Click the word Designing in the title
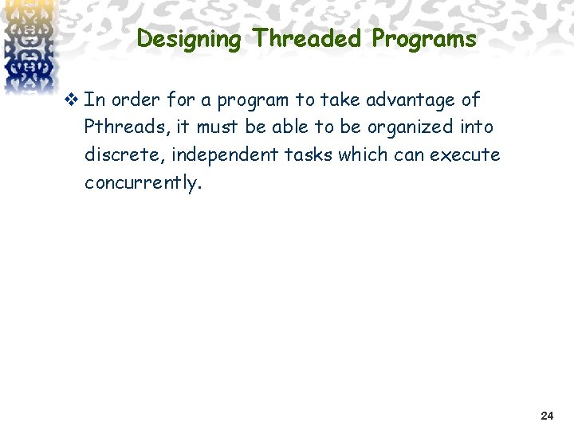pyautogui.click(x=188, y=39)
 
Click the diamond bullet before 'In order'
pyautogui.click(x=73, y=100)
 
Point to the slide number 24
pyautogui.click(x=547, y=416)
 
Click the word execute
pyautogui.click(x=465, y=154)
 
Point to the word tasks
pyautogui.click(x=307, y=154)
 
